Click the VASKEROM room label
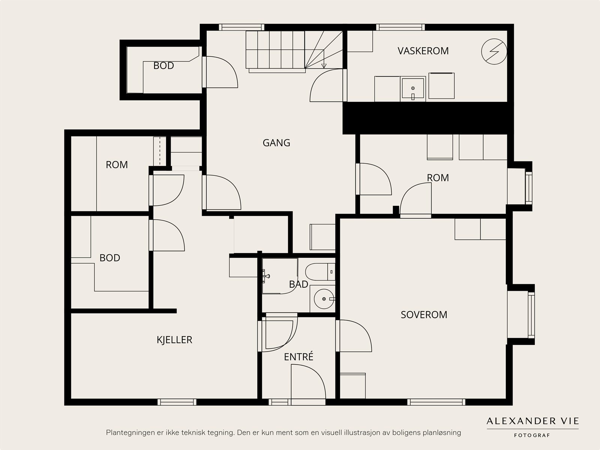423,51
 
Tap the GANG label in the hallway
276,143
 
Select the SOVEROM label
424,315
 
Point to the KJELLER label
174,340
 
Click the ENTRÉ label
298,356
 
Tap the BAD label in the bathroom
298,284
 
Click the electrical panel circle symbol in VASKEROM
494,51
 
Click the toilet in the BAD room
320,272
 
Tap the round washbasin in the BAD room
324,299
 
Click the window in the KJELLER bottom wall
177,402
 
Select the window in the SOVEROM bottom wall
436,402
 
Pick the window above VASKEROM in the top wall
400,27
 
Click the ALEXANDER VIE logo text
532,421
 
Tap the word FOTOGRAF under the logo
532,435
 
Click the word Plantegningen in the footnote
128,433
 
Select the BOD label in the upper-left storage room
163,66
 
